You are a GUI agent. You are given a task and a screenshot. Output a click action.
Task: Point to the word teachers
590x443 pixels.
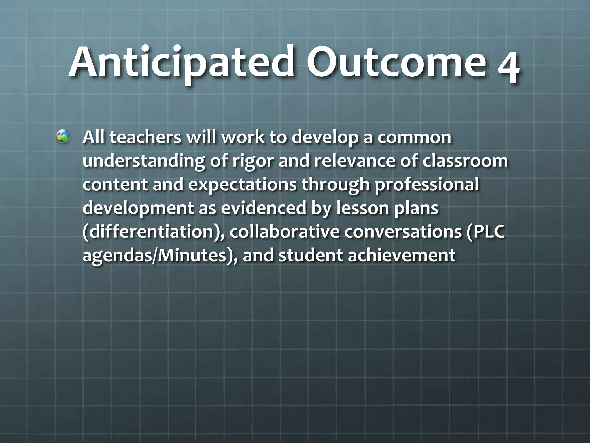[146, 138]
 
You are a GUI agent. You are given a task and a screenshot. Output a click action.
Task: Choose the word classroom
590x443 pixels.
[465, 161]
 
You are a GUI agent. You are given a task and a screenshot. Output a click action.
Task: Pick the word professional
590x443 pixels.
[426, 185]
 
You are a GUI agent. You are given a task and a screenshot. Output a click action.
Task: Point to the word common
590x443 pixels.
[414, 138]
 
